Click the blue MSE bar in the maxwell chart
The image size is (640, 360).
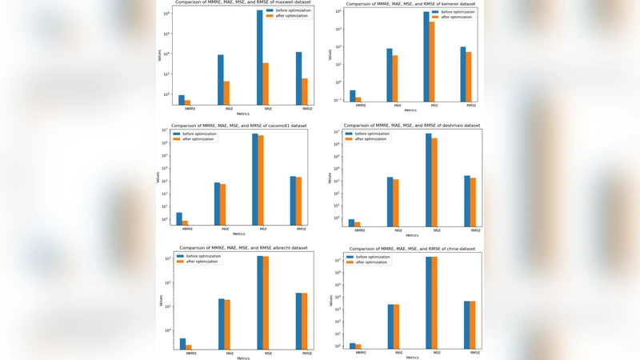point(259,56)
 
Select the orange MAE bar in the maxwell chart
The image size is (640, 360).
point(226,93)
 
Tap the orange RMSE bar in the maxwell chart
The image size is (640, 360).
point(304,91)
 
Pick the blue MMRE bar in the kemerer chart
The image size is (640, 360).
point(353,96)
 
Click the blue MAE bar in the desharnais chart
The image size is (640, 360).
point(390,201)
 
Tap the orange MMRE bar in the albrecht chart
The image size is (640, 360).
point(189,346)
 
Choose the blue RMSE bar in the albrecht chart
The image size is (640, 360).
point(298,320)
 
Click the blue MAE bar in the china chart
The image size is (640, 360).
point(390,326)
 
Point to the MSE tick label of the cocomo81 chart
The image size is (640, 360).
point(258,229)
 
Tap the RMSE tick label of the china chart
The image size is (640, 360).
point(475,353)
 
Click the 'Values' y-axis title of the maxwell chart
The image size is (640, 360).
point(159,55)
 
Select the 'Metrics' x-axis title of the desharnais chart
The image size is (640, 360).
point(413,235)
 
